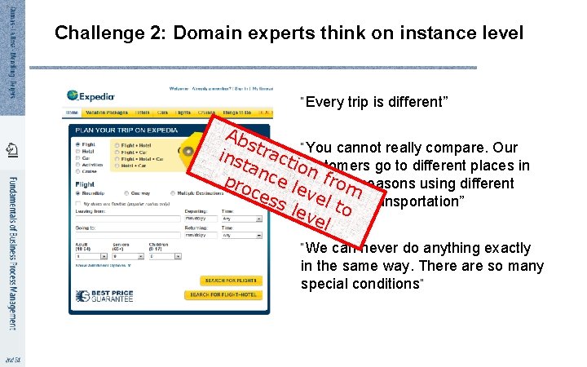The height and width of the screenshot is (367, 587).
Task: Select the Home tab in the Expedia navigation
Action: (x=73, y=113)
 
